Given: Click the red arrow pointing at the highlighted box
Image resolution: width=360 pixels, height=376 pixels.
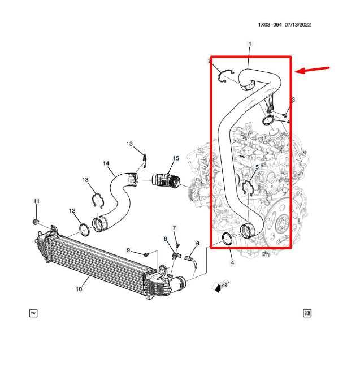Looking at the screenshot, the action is (312, 70).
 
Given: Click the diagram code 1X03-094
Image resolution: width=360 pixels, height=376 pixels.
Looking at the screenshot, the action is (270, 25).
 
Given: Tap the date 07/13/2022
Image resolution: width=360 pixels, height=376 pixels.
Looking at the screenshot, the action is (298, 25).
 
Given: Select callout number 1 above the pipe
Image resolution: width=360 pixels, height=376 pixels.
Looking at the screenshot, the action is (250, 44).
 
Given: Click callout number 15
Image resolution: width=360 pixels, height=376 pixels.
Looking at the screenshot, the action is (176, 158).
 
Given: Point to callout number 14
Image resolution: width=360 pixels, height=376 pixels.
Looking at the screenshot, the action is (106, 163).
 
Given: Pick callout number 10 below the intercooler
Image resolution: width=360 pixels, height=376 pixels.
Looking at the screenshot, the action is (79, 289).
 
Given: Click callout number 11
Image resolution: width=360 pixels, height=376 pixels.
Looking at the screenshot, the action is (36, 201).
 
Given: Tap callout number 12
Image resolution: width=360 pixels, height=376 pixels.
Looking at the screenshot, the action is (72, 211).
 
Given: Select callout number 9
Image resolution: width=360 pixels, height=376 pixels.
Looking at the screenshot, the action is (128, 250).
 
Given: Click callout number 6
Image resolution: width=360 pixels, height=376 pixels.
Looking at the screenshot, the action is (197, 244).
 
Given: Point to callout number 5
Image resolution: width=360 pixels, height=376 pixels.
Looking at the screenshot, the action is (257, 167).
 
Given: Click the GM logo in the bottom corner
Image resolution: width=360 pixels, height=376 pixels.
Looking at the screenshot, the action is (307, 313).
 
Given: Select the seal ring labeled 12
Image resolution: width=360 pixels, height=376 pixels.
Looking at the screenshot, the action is (84, 230).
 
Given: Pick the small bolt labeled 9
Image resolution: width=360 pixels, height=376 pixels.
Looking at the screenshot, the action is (146, 254).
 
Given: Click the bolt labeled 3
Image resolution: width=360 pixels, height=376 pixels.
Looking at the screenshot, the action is (285, 115).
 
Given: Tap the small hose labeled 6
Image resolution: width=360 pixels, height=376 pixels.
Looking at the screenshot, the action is (191, 262).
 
